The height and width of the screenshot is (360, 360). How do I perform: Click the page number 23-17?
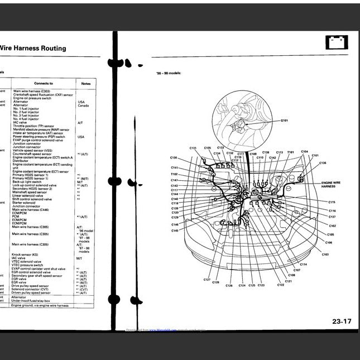(342, 321)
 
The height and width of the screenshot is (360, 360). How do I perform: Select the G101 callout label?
(285, 120)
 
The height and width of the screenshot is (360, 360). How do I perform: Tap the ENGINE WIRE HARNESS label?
(331, 184)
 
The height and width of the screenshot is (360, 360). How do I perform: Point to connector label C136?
(323, 163)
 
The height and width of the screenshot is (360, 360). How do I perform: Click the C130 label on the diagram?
(174, 158)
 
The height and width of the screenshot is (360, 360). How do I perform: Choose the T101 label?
(290, 152)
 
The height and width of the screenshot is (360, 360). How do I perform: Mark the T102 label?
(174, 174)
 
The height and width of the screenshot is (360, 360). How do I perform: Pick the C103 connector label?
(325, 254)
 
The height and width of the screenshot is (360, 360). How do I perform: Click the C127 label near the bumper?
(207, 279)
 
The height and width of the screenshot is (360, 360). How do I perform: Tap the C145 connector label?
(175, 231)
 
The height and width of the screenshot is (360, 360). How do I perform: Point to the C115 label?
(332, 202)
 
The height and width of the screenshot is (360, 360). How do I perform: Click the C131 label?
(193, 148)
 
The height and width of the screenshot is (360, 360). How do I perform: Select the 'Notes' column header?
(85, 83)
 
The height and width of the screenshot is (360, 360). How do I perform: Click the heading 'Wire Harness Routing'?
(33, 49)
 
